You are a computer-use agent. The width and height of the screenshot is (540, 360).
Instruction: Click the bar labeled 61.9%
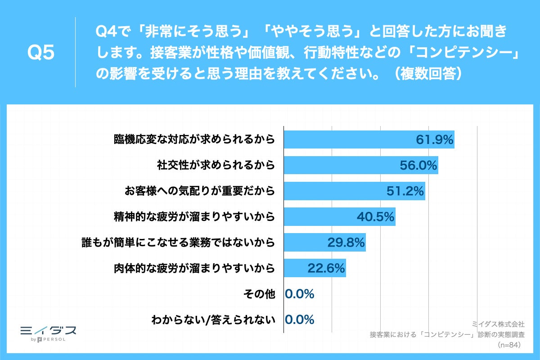coord(369,139)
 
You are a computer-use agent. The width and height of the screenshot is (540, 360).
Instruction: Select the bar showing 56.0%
coord(361,165)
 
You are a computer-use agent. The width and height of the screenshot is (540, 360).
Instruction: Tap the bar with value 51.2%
coord(354,191)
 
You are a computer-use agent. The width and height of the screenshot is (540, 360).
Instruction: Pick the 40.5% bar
coord(339,217)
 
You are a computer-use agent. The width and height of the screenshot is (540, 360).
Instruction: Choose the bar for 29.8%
coord(324,243)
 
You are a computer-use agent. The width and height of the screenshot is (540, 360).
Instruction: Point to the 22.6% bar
coord(315,268)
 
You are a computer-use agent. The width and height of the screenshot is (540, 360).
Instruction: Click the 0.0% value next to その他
coord(300,294)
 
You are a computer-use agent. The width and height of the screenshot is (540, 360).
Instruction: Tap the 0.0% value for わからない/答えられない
coord(300,320)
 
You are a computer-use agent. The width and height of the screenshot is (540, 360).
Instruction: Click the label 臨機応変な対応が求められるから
coord(194,139)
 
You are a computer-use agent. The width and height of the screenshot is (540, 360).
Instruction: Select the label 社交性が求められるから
coord(216,165)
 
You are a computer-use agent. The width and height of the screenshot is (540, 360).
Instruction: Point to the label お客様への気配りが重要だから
coord(199,191)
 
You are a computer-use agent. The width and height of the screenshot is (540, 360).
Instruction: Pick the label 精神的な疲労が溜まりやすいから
coord(194,217)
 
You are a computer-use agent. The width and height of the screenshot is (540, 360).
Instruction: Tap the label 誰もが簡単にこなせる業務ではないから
coord(178,243)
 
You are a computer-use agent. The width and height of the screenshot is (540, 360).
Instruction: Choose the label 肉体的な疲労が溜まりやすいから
coord(194,268)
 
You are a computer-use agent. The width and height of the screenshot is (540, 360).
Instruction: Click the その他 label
coord(258,294)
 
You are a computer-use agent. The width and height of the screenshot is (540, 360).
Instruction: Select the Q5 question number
coord(40,53)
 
